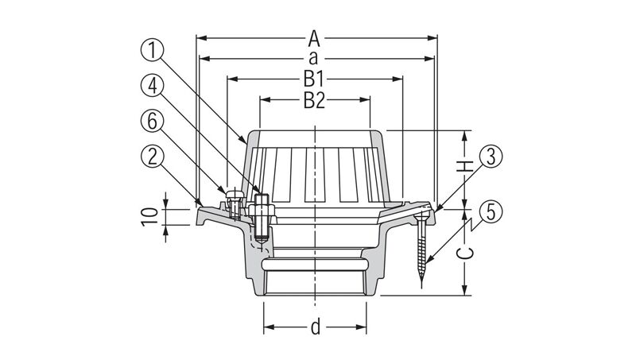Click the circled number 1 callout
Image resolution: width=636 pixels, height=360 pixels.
point(152,52)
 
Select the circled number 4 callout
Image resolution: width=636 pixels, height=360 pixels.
point(152,87)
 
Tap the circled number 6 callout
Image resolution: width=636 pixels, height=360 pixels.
point(152,122)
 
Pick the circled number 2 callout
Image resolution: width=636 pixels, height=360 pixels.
point(152,157)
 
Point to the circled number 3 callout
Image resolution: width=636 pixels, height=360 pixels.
point(491,157)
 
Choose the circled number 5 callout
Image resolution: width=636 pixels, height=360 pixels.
point(491,212)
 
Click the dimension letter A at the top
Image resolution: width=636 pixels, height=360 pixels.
point(314,39)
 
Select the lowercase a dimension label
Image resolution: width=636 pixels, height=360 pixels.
point(313,59)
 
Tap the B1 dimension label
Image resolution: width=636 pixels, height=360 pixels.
point(314,79)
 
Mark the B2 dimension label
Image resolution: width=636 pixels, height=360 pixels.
point(314,101)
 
